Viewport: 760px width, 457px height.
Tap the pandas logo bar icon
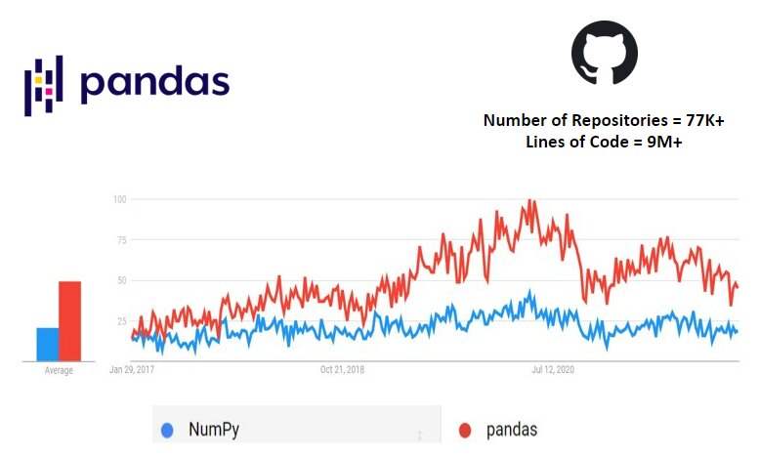click(43, 85)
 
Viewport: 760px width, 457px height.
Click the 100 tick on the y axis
click(120, 199)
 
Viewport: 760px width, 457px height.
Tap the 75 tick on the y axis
click(122, 239)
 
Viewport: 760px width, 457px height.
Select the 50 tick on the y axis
click(122, 280)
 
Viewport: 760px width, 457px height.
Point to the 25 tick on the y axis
click(122, 320)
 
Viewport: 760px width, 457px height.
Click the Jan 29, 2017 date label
click(133, 370)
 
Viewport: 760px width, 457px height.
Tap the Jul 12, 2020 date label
click(554, 370)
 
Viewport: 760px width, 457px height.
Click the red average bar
click(69, 320)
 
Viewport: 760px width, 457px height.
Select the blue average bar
click(48, 343)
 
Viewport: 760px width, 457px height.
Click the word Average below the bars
click(59, 370)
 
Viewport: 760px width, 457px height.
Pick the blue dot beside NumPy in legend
click(168, 430)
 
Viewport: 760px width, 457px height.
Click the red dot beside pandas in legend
click(465, 430)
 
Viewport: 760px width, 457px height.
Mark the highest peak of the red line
click(529, 201)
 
